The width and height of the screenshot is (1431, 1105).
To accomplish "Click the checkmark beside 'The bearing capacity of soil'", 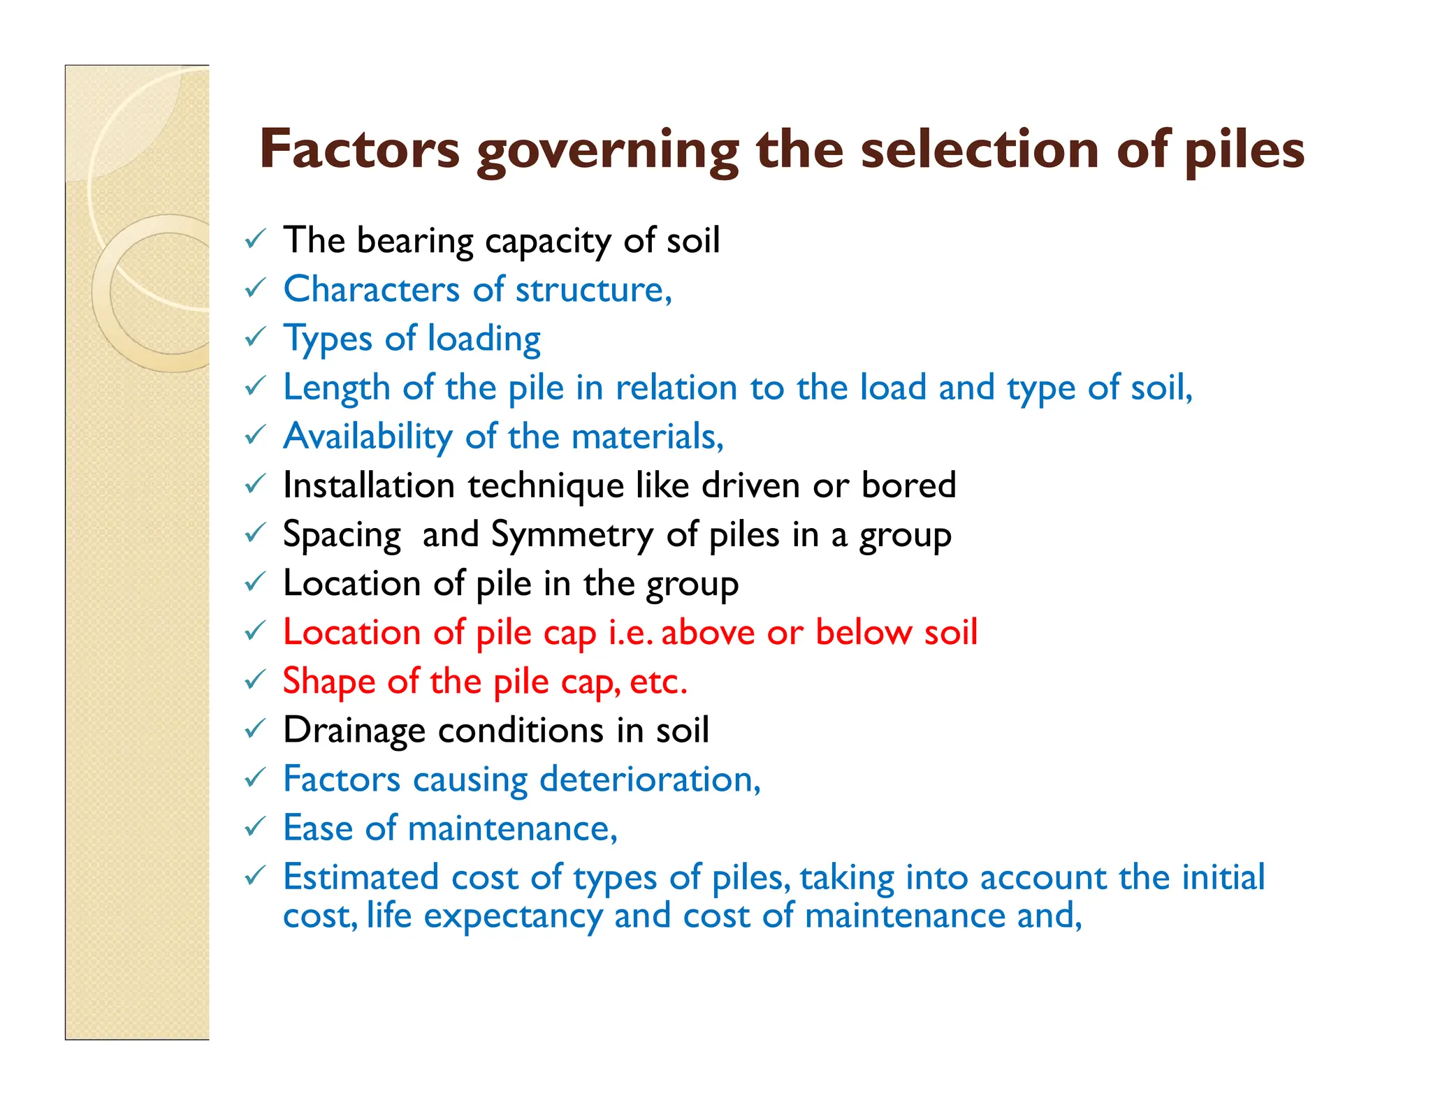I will pos(255,240).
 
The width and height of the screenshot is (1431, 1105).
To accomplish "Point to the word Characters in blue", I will pos(371,289).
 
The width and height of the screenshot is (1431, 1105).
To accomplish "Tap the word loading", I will pos(484,339).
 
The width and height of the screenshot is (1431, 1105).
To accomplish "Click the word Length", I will pos(336,388).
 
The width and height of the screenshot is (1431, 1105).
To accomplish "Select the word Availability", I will pos(368,437).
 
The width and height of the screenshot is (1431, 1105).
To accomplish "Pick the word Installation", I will pos(368,485).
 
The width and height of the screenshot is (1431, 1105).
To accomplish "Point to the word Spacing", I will pos(342,535).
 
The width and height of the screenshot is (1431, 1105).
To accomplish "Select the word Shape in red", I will pos(328,682).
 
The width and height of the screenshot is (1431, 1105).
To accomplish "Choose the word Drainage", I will pos(354,731).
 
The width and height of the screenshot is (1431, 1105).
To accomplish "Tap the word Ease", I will pos(318,828).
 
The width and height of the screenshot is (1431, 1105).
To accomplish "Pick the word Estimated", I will pos(361,877).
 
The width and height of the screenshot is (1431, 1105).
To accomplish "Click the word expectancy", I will pos(513,916).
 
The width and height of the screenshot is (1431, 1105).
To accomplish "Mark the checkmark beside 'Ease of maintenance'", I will pos(255,828).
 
